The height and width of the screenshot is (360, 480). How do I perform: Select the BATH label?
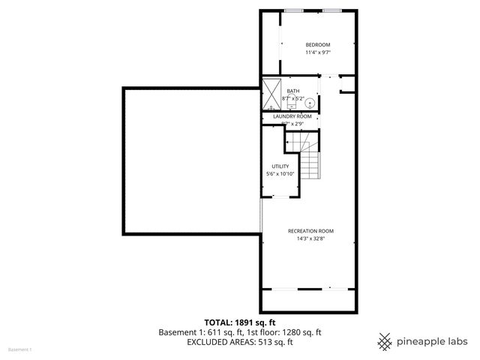tap(292, 91)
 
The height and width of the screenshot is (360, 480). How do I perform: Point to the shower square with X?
tap(271, 94)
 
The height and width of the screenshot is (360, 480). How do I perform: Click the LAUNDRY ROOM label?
tap(292, 116)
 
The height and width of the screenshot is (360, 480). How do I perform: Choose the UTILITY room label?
tap(280, 166)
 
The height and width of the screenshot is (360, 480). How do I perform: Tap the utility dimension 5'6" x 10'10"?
tap(280, 174)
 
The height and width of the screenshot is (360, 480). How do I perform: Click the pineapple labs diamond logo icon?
tap(385, 341)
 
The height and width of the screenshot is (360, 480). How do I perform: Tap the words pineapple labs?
tap(432, 341)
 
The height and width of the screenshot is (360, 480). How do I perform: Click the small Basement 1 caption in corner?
tap(19, 350)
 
